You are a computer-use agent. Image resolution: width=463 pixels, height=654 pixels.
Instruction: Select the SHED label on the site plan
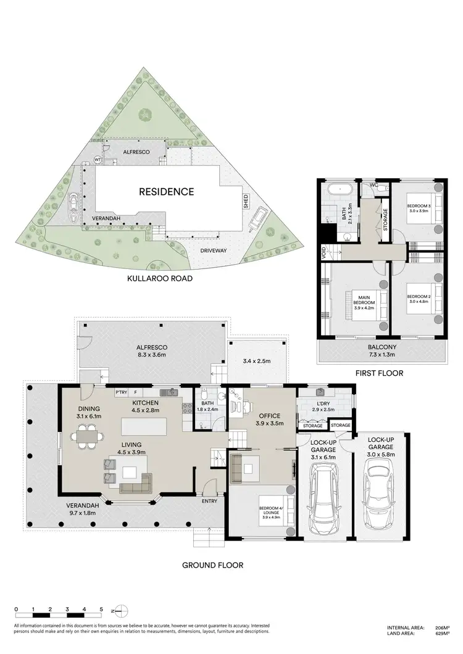coord(246,202)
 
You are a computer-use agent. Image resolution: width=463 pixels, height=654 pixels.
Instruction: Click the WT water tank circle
coord(98,159)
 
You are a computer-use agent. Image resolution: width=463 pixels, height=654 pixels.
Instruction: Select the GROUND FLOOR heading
coord(212,565)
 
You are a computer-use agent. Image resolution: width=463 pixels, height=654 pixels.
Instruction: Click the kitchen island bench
coord(148,426)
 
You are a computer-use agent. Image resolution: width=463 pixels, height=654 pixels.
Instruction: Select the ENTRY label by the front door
coord(209,500)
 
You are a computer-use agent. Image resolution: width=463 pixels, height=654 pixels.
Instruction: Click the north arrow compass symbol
coord(122,610)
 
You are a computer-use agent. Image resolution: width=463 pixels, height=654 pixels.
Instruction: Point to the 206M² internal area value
coord(440,625)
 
